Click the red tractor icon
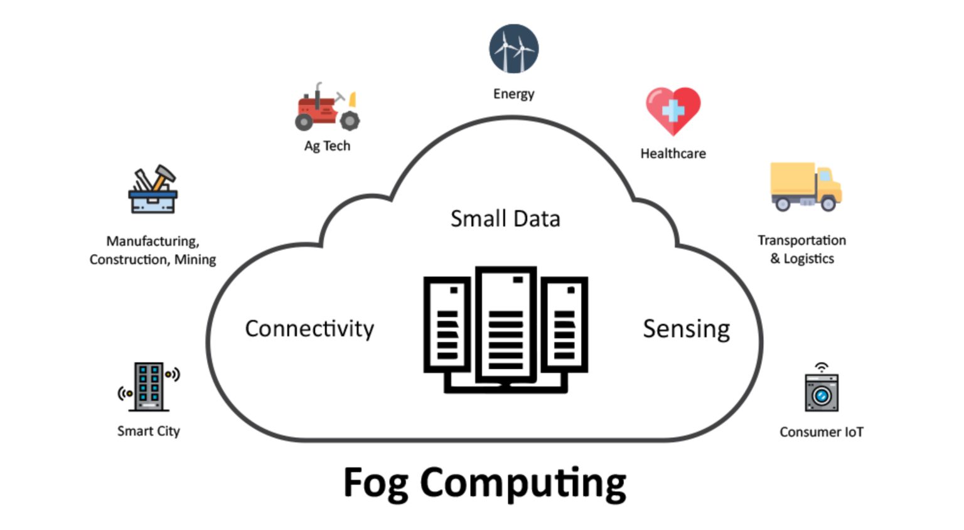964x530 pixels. [x=326, y=108]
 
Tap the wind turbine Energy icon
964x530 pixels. [x=513, y=49]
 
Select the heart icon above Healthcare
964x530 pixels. [x=673, y=110]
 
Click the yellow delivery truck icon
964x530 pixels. [x=805, y=187]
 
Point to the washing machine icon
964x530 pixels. [x=821, y=391]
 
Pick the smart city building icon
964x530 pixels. [x=149, y=386]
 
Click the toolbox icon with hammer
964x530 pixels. [x=153, y=191]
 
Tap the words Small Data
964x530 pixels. [x=505, y=219]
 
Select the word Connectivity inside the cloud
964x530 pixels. [x=309, y=329]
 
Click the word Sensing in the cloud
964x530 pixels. [x=686, y=329]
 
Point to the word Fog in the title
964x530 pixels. [x=375, y=483]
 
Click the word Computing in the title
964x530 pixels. [x=522, y=483]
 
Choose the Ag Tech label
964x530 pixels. [x=327, y=146]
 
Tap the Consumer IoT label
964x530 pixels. [x=821, y=432]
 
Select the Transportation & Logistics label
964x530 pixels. [x=801, y=250]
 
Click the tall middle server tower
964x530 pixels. [x=506, y=324]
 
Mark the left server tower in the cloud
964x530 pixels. [x=447, y=324]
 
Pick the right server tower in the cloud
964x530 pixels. [x=564, y=324]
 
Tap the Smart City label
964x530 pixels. [x=148, y=432]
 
